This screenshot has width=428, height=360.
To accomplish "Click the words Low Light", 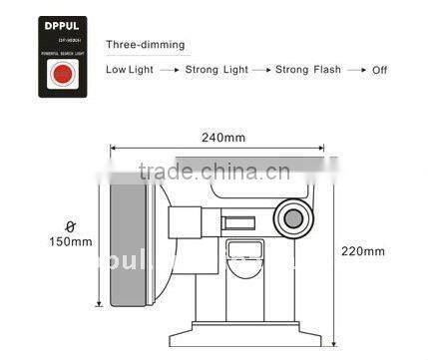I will coord(130,70).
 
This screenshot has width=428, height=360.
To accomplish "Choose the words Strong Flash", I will coord(307,70).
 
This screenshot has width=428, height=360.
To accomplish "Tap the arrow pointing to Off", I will coord(354,70).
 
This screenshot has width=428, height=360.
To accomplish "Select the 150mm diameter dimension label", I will coord(69,241).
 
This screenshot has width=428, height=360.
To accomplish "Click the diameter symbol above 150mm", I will coord(68,225).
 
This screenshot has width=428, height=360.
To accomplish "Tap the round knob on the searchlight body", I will coord(293,218).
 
